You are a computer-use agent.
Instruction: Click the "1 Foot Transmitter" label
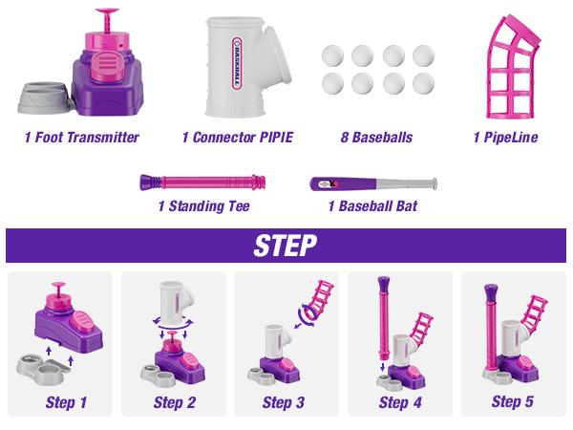81,138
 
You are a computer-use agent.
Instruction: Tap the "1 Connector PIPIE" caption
237,138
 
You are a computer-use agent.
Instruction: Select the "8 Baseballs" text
375,138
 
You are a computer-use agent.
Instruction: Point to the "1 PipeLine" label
505,138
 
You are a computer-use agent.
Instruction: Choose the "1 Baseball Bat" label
372,205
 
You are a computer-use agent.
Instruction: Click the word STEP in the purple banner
286,246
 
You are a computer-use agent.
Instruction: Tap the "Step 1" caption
66,402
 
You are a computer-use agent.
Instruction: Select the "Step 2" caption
175,402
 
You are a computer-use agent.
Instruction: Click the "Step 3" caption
284,402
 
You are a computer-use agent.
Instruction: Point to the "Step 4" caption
400,402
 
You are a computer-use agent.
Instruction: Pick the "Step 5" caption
513,401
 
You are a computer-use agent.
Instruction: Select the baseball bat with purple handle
372,182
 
